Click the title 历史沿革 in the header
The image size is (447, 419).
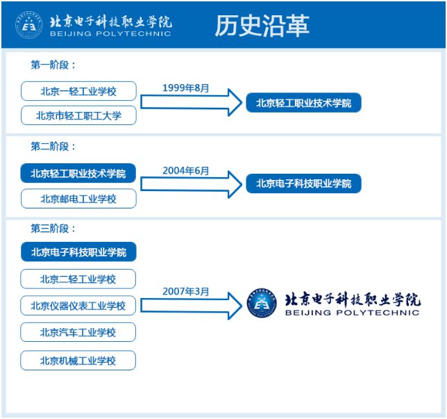pyautogui.click(x=262, y=26)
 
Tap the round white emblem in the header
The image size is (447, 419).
pyautogui.click(x=28, y=25)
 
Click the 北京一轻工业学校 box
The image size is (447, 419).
pyautogui.click(x=78, y=91)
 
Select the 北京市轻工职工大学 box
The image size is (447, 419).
pyautogui.click(x=78, y=115)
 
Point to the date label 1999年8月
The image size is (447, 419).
pyautogui.click(x=186, y=88)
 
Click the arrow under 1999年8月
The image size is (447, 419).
pyautogui.click(x=192, y=102)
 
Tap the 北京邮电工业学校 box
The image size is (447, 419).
pyautogui.click(x=78, y=199)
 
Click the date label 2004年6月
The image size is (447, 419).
pyautogui.click(x=186, y=171)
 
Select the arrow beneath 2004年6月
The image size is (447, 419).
pyautogui.click(x=192, y=184)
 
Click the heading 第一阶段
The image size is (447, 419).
pyautogui.click(x=53, y=65)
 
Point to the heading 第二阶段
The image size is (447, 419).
pyautogui.click(x=53, y=147)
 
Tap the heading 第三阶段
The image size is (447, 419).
pyautogui.click(x=53, y=229)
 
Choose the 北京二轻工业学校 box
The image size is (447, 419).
pyautogui.click(x=78, y=279)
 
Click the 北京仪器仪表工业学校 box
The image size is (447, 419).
pyautogui.click(x=78, y=306)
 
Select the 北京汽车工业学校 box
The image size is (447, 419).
pyautogui.click(x=78, y=332)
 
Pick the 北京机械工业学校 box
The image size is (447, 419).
pyautogui.click(x=78, y=361)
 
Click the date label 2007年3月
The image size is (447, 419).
pyautogui.click(x=186, y=291)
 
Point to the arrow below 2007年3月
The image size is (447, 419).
pyautogui.click(x=192, y=306)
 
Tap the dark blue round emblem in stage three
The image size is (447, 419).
pyautogui.click(x=262, y=303)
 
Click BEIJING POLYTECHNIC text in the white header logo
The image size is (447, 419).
pyautogui.click(x=110, y=33)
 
